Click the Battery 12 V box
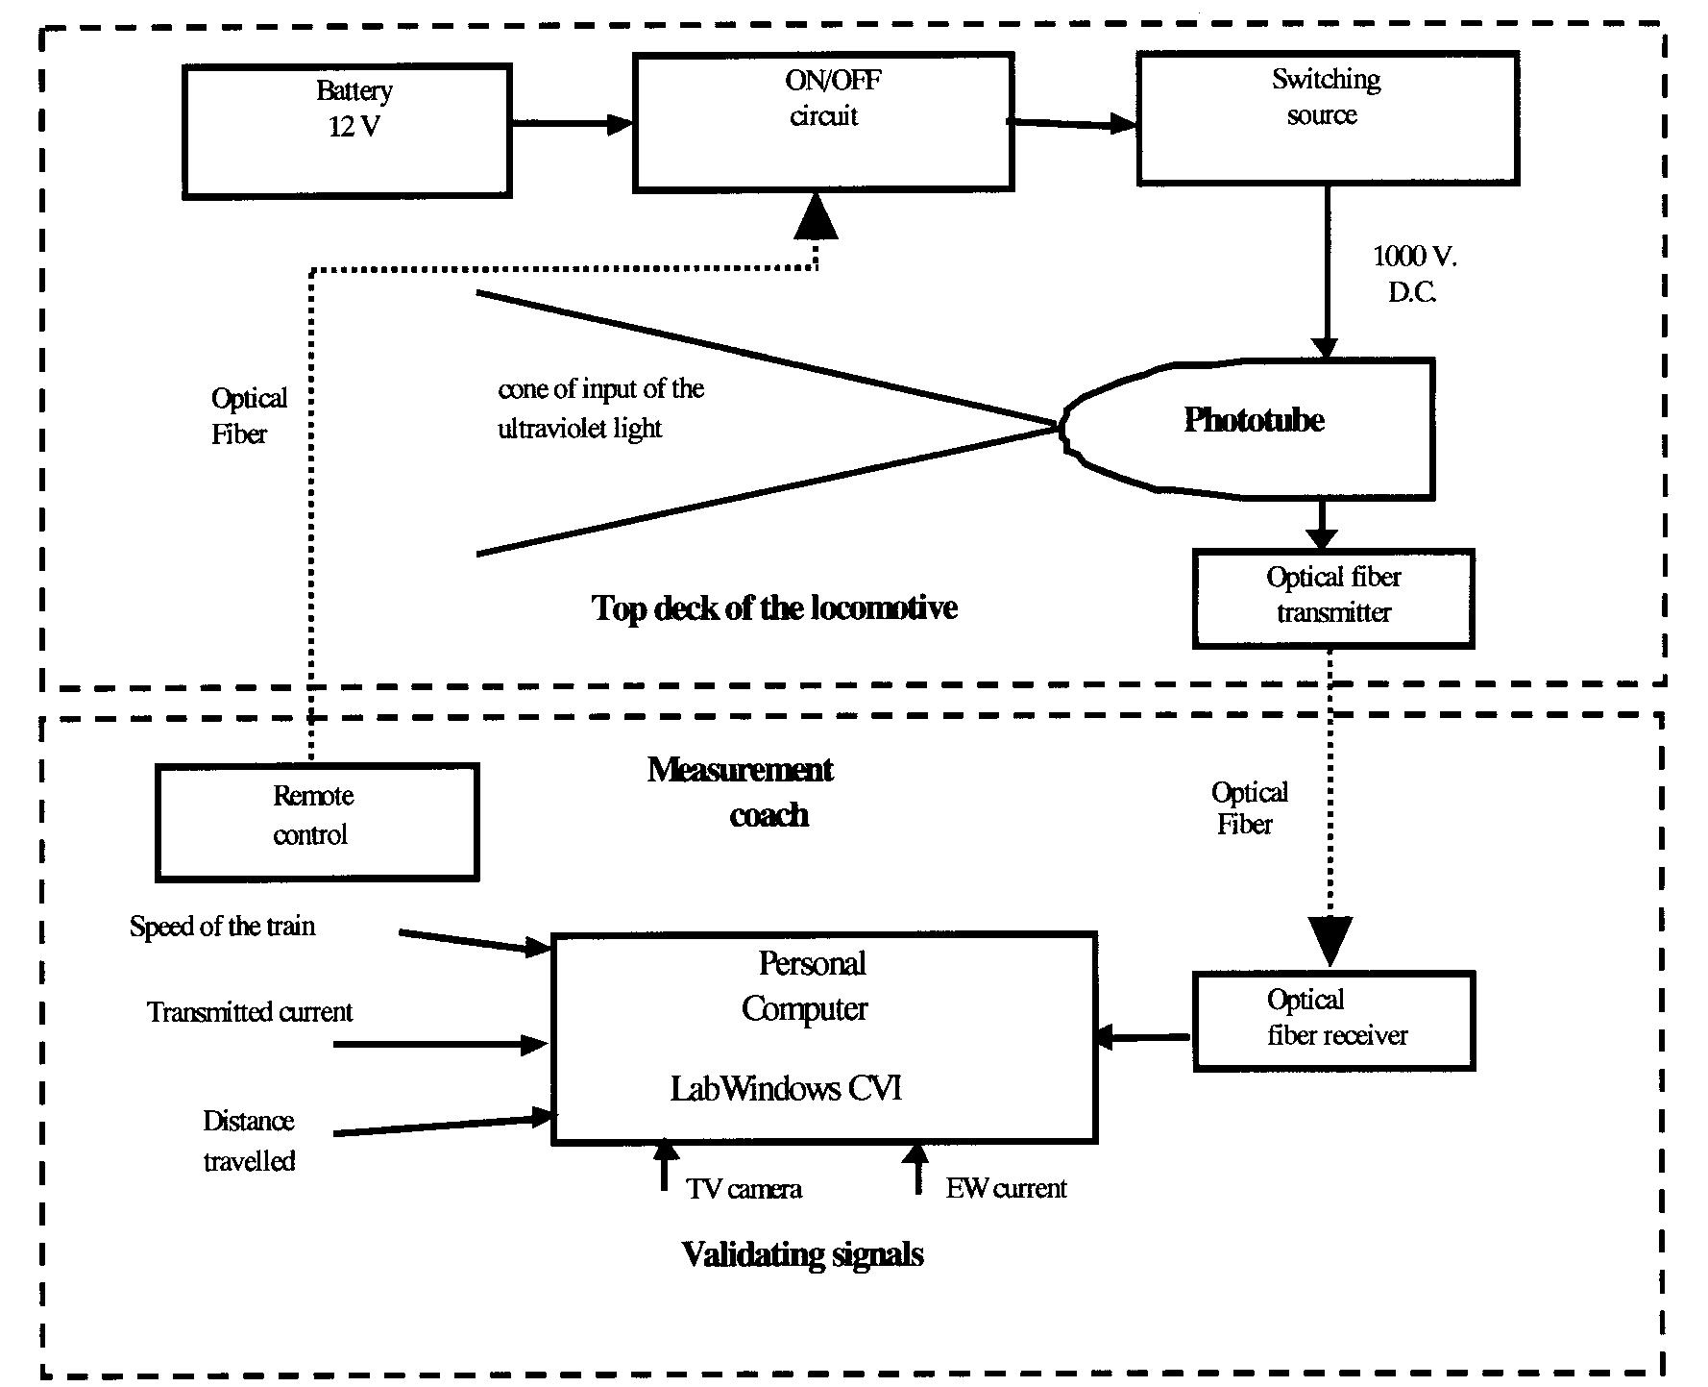pos(347,131)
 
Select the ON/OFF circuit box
pos(823,122)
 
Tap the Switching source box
pos(1328,118)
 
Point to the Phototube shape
pos(1254,429)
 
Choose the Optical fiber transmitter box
pos(1333,598)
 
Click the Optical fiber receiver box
pos(1333,1021)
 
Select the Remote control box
pos(316,822)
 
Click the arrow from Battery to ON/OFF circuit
pos(572,123)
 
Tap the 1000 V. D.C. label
pos(1413,274)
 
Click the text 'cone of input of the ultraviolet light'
pos(600,409)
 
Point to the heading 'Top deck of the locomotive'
pos(774,608)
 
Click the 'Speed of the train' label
pos(222,927)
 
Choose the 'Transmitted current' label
pos(250,1012)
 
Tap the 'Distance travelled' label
pos(249,1141)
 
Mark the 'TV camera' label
pos(744,1189)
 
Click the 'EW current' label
pos(1006,1189)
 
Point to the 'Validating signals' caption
pos(802,1254)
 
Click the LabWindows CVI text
pos(786,1089)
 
